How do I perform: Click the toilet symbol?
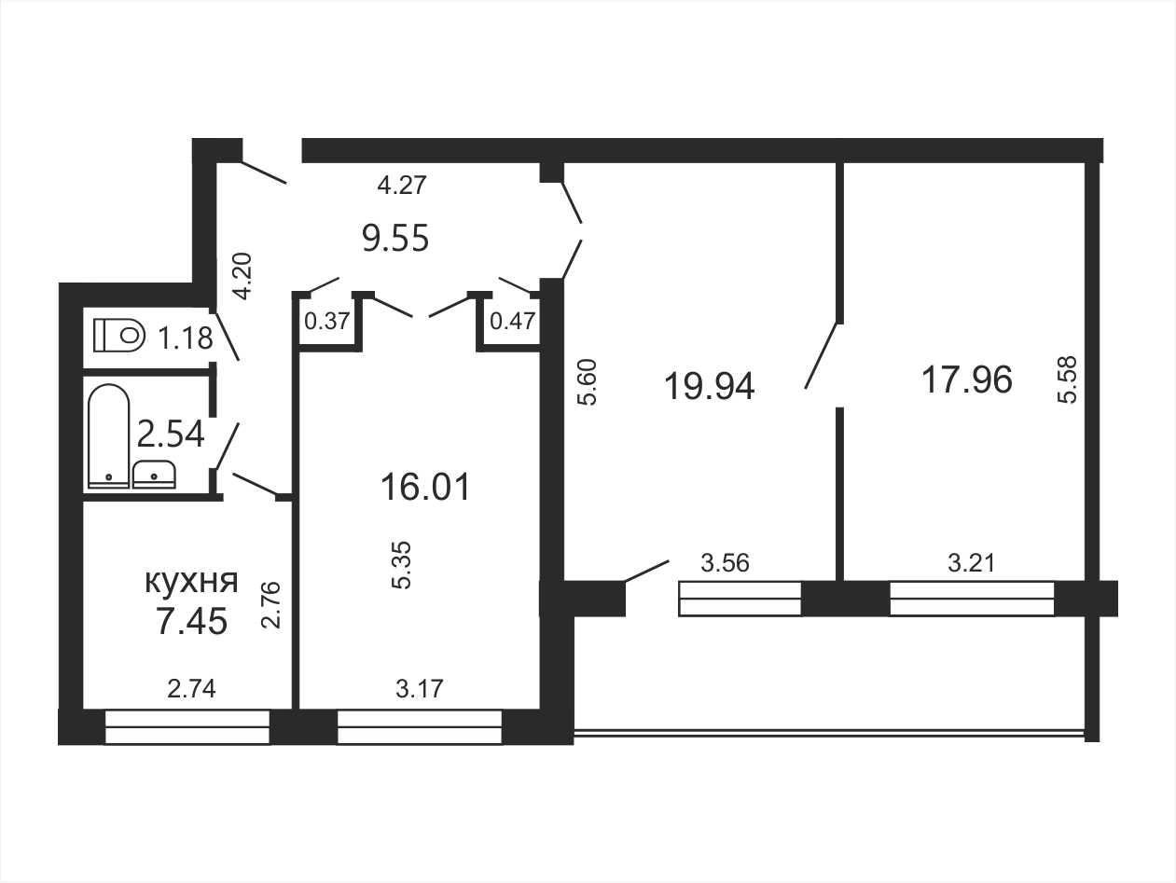[119, 336]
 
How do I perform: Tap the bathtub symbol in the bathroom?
[109, 435]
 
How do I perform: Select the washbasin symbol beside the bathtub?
[154, 475]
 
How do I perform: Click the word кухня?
[191, 582]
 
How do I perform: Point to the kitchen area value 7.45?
[191, 621]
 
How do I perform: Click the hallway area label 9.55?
[395, 238]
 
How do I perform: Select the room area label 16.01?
[425, 487]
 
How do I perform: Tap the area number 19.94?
[710, 386]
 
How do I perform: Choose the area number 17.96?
[967, 379]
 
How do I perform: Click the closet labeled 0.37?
[327, 322]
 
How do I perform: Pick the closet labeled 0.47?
[512, 322]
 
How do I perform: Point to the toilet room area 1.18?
[186, 338]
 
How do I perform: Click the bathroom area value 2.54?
[171, 434]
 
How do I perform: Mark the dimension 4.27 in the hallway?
[402, 186]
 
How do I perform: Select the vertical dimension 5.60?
[588, 382]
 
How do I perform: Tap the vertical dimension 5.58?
[1068, 379]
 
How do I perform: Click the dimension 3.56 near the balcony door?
[725, 563]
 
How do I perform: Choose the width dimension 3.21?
[972, 563]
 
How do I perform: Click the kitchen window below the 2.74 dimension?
[187, 726]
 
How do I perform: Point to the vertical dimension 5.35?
[401, 565]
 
